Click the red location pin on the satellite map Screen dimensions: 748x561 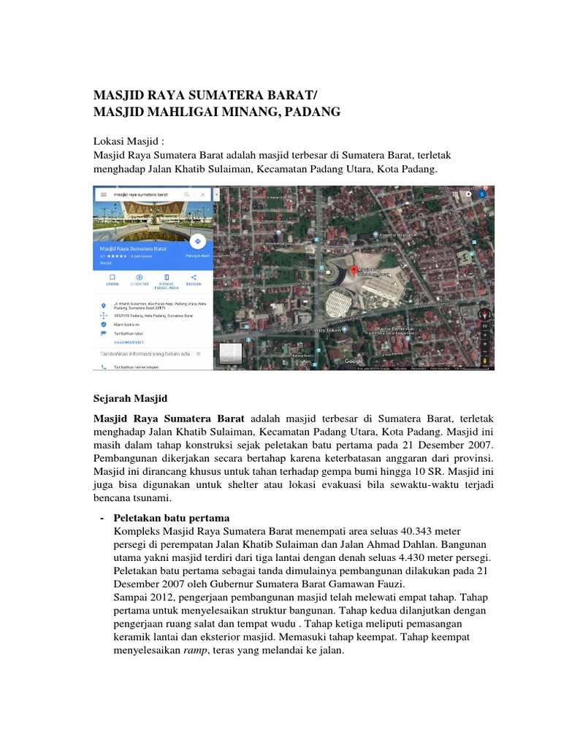[354, 271]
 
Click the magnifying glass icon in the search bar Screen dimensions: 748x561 [187, 195]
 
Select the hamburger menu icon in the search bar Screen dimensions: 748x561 [104, 195]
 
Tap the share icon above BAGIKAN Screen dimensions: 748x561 [194, 278]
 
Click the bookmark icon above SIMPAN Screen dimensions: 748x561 [112, 278]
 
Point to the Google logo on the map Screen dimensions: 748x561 [354, 362]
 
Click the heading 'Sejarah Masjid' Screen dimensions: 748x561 [130, 399]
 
